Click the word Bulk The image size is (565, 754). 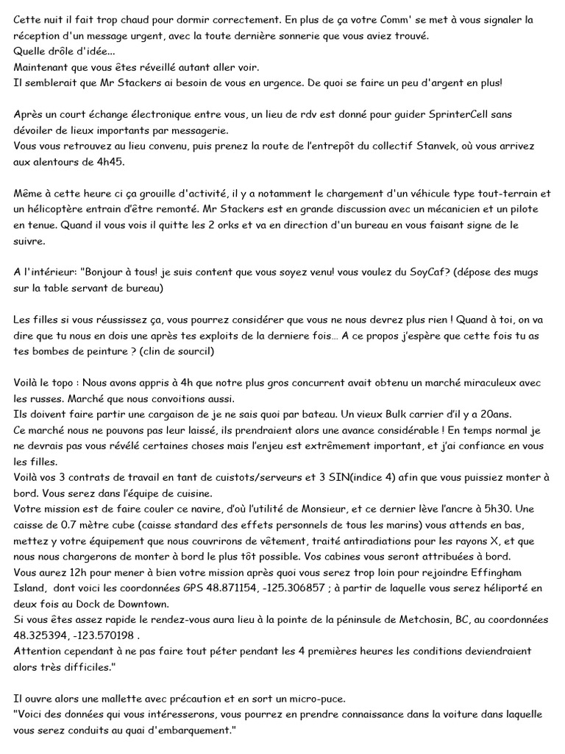(x=367, y=415)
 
